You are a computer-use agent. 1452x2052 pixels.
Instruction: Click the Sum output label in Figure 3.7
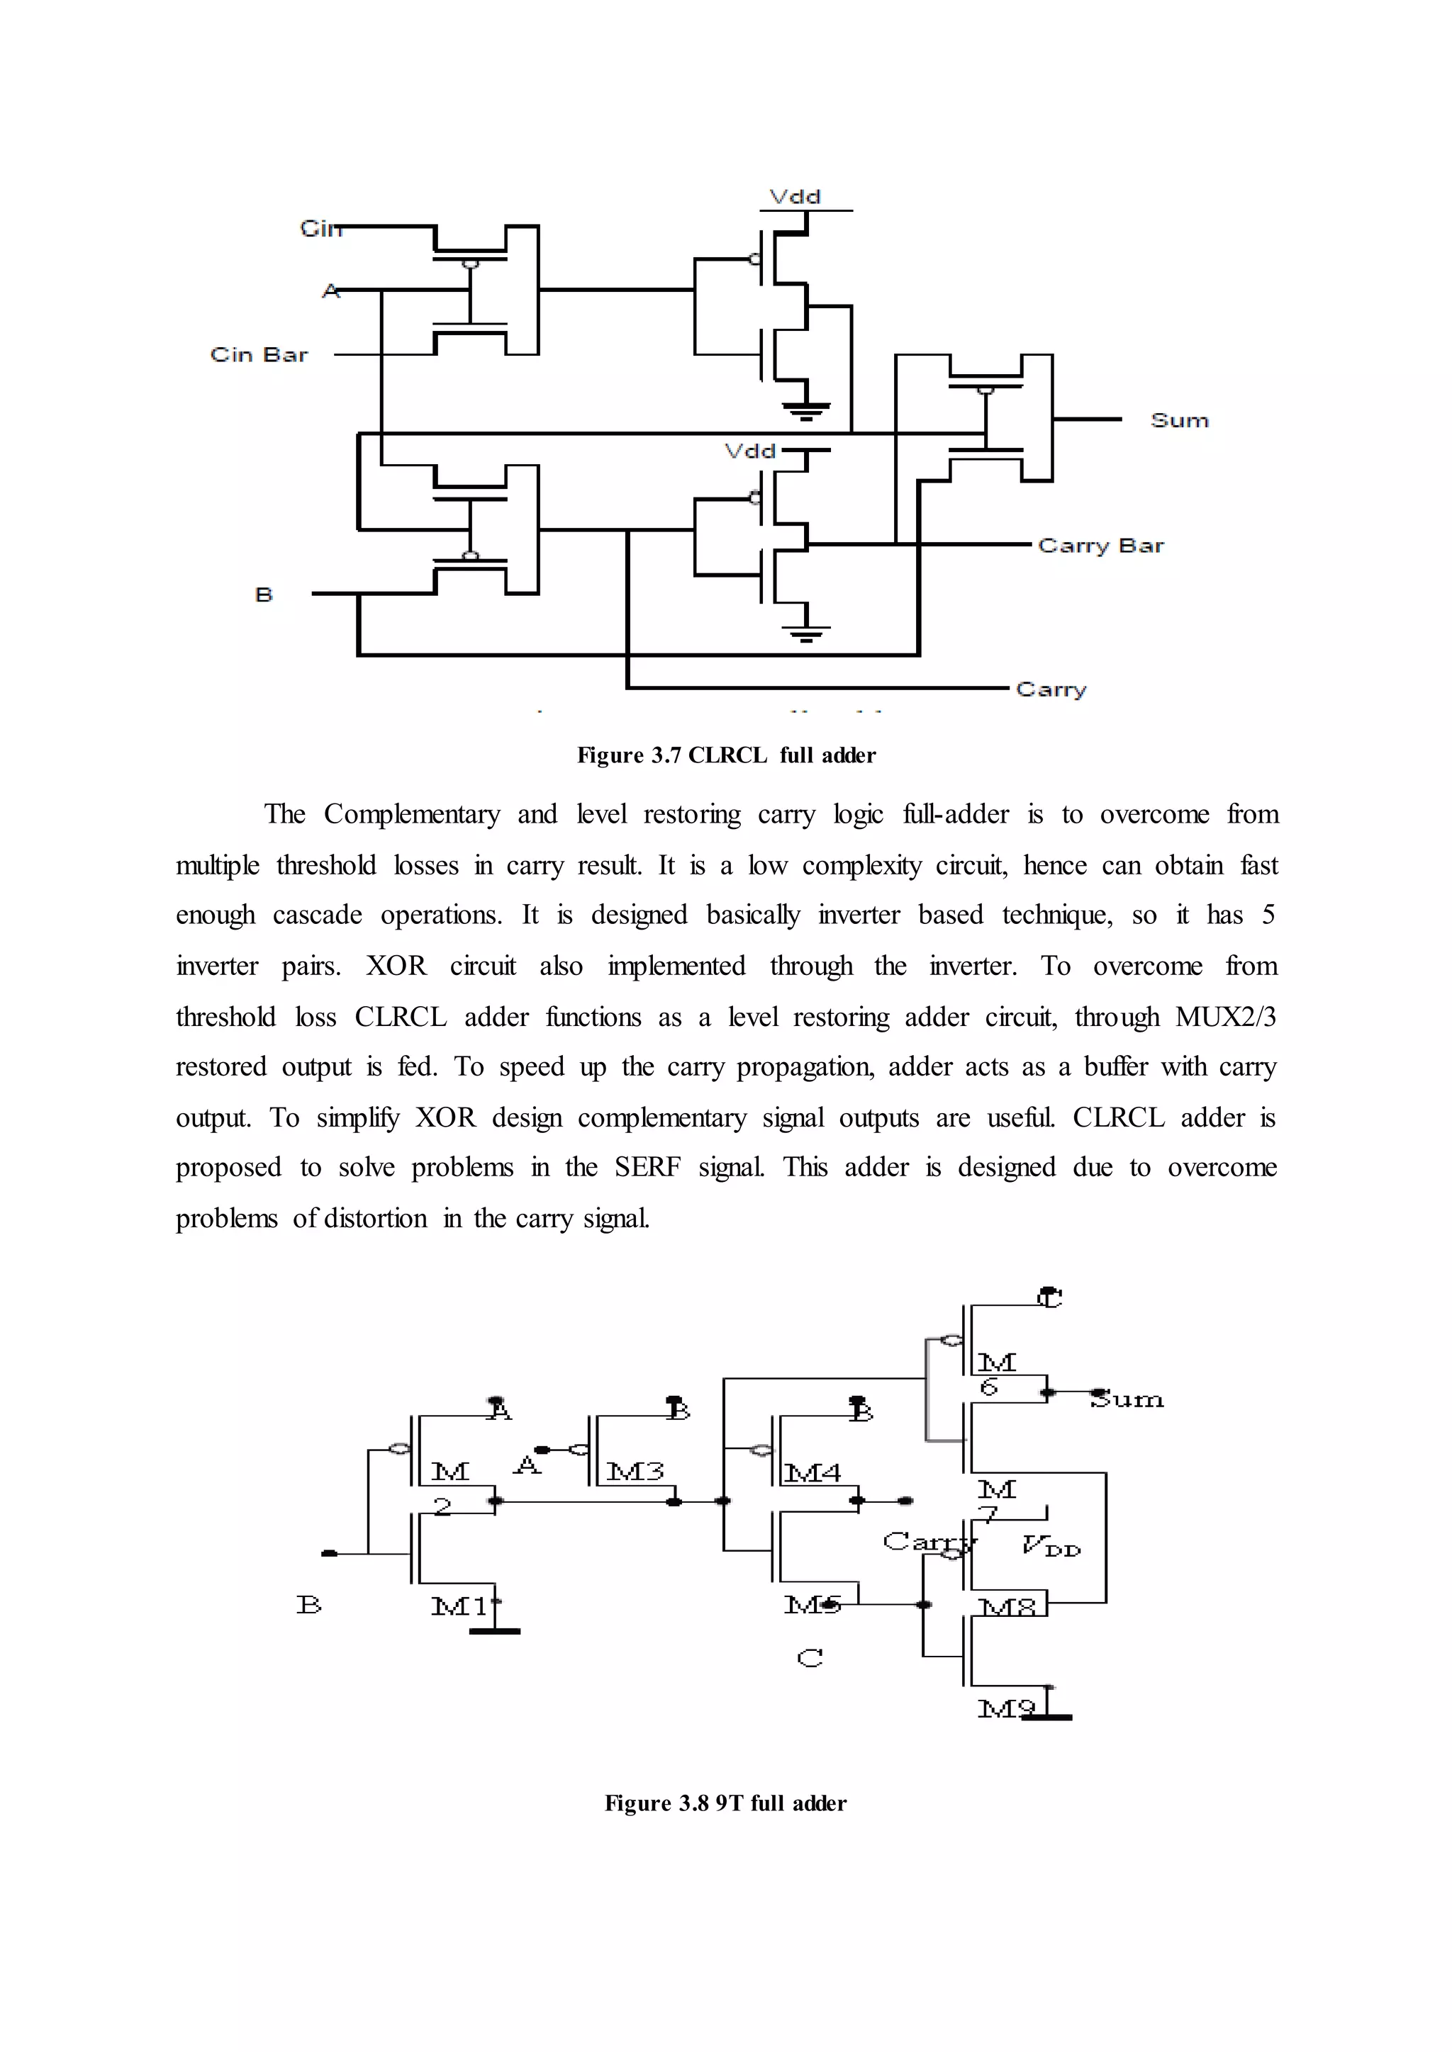[x=1179, y=420]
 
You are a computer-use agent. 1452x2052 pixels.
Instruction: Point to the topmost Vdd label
[x=795, y=196]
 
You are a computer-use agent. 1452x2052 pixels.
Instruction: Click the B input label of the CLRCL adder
[x=264, y=594]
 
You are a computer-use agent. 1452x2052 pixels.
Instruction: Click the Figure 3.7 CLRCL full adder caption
[x=726, y=755]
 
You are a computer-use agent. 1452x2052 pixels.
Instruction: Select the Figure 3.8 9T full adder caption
[x=725, y=1803]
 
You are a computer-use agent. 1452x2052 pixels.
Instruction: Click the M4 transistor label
[x=812, y=1472]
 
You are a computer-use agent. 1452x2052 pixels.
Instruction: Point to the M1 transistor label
[x=460, y=1606]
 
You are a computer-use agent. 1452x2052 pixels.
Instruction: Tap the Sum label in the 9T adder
[x=1127, y=1399]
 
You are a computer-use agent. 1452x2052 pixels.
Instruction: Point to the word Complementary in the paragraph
[x=411, y=814]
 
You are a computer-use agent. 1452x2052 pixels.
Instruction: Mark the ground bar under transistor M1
[x=494, y=1631]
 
